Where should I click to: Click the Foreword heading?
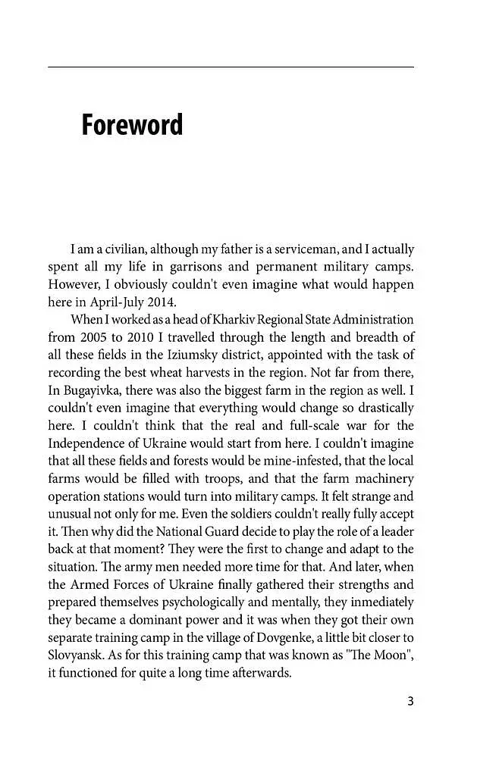pyautogui.click(x=132, y=125)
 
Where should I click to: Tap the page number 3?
pyautogui.click(x=410, y=701)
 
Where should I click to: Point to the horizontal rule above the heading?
pyautogui.click(x=231, y=67)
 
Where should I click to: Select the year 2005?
pyautogui.click(x=94, y=336)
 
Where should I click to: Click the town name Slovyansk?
pyautogui.click(x=75, y=655)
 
